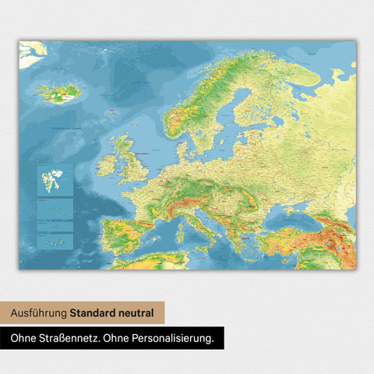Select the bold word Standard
94,313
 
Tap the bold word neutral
137,313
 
